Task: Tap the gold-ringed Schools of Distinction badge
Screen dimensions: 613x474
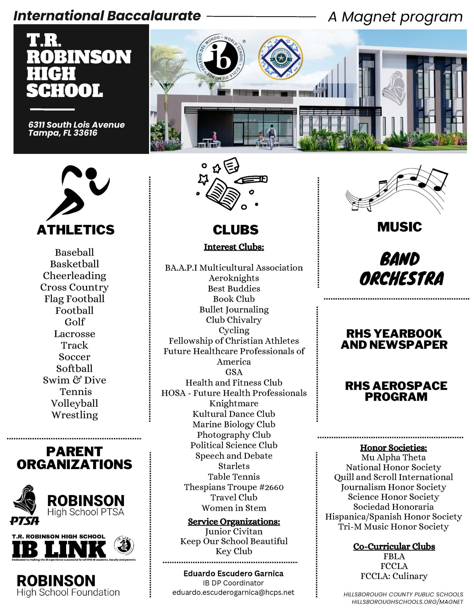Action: [x=280, y=58]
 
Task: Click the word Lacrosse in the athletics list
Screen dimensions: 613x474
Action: [x=74, y=334]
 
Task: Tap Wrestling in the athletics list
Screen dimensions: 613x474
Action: [x=74, y=415]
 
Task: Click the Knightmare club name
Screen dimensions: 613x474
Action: [x=234, y=403]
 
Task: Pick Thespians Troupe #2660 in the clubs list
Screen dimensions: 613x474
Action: [x=234, y=487]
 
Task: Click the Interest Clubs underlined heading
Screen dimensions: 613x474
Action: [x=234, y=247]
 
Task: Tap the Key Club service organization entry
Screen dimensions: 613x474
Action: [x=234, y=551]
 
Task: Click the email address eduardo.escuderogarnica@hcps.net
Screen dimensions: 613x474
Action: [x=233, y=592]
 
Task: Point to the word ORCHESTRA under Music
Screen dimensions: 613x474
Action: [x=402, y=279]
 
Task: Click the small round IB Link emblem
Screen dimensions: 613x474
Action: [x=124, y=546]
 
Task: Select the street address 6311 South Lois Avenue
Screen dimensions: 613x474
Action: [x=76, y=125]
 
